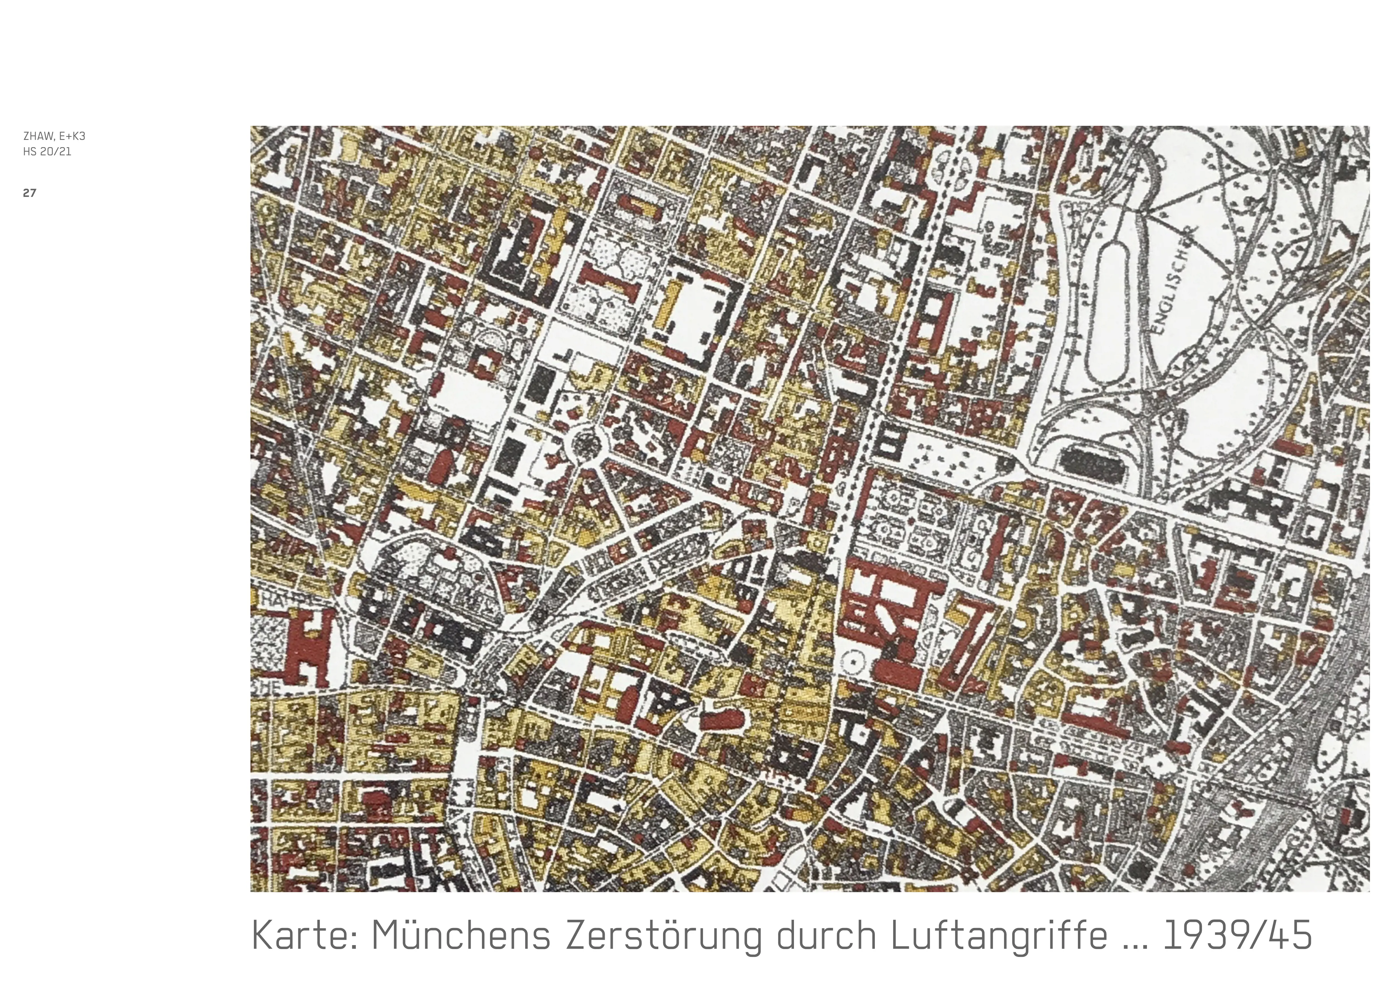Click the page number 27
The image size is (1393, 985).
click(29, 193)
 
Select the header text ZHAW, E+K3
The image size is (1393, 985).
click(54, 136)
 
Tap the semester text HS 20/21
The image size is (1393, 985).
click(47, 152)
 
